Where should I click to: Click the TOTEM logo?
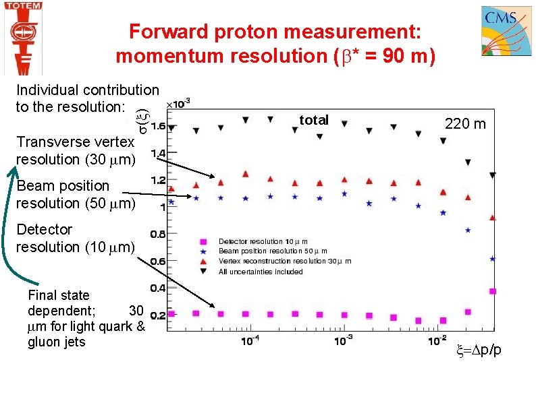23,37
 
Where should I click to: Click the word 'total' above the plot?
313,120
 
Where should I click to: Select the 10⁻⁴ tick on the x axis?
251,340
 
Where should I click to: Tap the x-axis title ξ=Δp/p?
479,350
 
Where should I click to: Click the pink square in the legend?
202,241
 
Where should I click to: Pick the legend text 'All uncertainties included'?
261,272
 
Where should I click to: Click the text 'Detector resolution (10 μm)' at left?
76,238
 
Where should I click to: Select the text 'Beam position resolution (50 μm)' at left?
76,194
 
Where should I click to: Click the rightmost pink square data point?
493,291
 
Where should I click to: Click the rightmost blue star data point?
493,258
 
